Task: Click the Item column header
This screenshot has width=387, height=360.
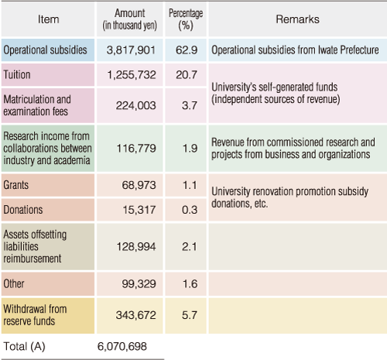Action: (x=49, y=19)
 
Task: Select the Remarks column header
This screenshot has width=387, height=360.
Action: (x=297, y=19)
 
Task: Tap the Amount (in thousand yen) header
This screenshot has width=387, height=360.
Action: (x=130, y=19)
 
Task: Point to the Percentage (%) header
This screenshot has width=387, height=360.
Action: (x=186, y=19)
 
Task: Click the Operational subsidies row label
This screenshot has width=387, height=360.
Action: (x=45, y=50)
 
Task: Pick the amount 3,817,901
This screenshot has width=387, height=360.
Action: (x=131, y=50)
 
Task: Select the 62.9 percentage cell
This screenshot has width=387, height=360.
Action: (x=187, y=50)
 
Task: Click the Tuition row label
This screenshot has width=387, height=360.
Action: (x=17, y=75)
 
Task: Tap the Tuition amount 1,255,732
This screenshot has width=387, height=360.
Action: (x=132, y=75)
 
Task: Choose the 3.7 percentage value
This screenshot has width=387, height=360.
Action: (x=190, y=105)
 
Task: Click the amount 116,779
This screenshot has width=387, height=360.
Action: (x=136, y=149)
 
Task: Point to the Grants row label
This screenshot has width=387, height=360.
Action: (x=16, y=185)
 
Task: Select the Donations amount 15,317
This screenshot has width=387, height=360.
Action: (x=139, y=210)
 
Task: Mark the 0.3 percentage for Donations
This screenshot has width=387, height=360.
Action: (x=190, y=210)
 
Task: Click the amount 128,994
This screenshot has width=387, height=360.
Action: (x=136, y=247)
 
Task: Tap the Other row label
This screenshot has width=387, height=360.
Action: (x=14, y=283)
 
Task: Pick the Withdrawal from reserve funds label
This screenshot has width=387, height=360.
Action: (x=35, y=315)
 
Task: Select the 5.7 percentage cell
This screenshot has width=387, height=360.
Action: (x=190, y=315)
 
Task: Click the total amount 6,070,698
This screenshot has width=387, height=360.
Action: (x=122, y=346)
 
